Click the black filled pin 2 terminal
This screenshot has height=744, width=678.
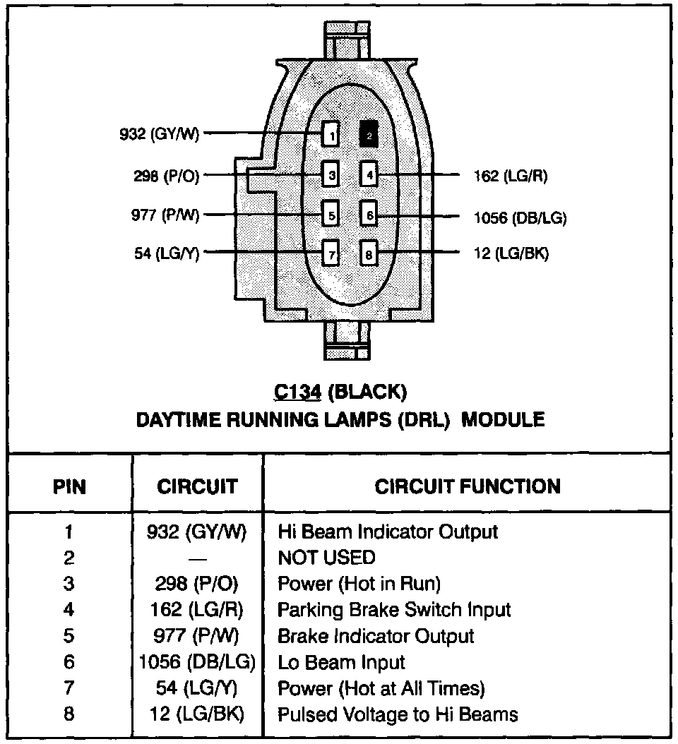(x=369, y=134)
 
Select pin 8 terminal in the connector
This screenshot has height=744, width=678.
(x=369, y=253)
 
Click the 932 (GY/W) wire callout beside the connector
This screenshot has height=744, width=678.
(x=159, y=134)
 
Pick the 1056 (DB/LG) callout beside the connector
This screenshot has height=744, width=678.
(x=520, y=217)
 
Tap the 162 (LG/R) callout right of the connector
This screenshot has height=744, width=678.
(x=511, y=176)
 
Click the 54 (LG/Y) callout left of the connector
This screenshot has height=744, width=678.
(x=167, y=253)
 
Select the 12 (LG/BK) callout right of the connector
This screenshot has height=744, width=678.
(x=511, y=253)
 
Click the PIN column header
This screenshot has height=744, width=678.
(x=70, y=486)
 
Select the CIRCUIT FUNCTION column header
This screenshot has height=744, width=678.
(x=467, y=486)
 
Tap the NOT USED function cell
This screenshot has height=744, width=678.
(x=326, y=558)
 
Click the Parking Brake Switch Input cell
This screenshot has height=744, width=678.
(x=393, y=609)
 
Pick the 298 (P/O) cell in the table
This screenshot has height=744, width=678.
(x=196, y=584)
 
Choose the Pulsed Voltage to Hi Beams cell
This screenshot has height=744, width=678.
(x=398, y=714)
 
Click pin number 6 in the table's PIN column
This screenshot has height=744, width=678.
(x=69, y=662)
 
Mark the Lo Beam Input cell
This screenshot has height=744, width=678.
(x=341, y=662)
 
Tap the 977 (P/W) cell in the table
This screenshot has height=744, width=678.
(x=196, y=636)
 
